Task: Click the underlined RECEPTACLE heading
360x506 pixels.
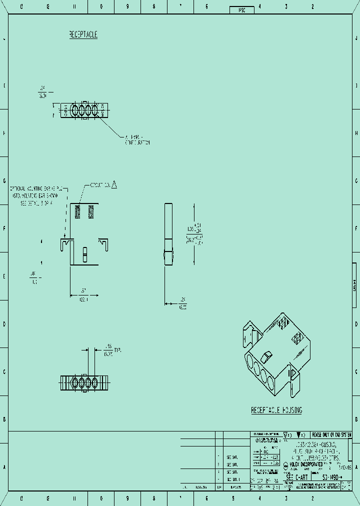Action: coord(83,34)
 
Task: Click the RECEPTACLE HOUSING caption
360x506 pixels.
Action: coord(276,410)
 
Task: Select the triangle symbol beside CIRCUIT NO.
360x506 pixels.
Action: coord(114,185)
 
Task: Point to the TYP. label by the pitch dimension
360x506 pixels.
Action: coord(118,350)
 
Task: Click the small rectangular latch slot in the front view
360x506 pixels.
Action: coord(85,254)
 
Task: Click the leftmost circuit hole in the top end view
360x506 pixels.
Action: coord(74,109)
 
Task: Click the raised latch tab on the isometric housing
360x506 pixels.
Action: coord(267,357)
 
